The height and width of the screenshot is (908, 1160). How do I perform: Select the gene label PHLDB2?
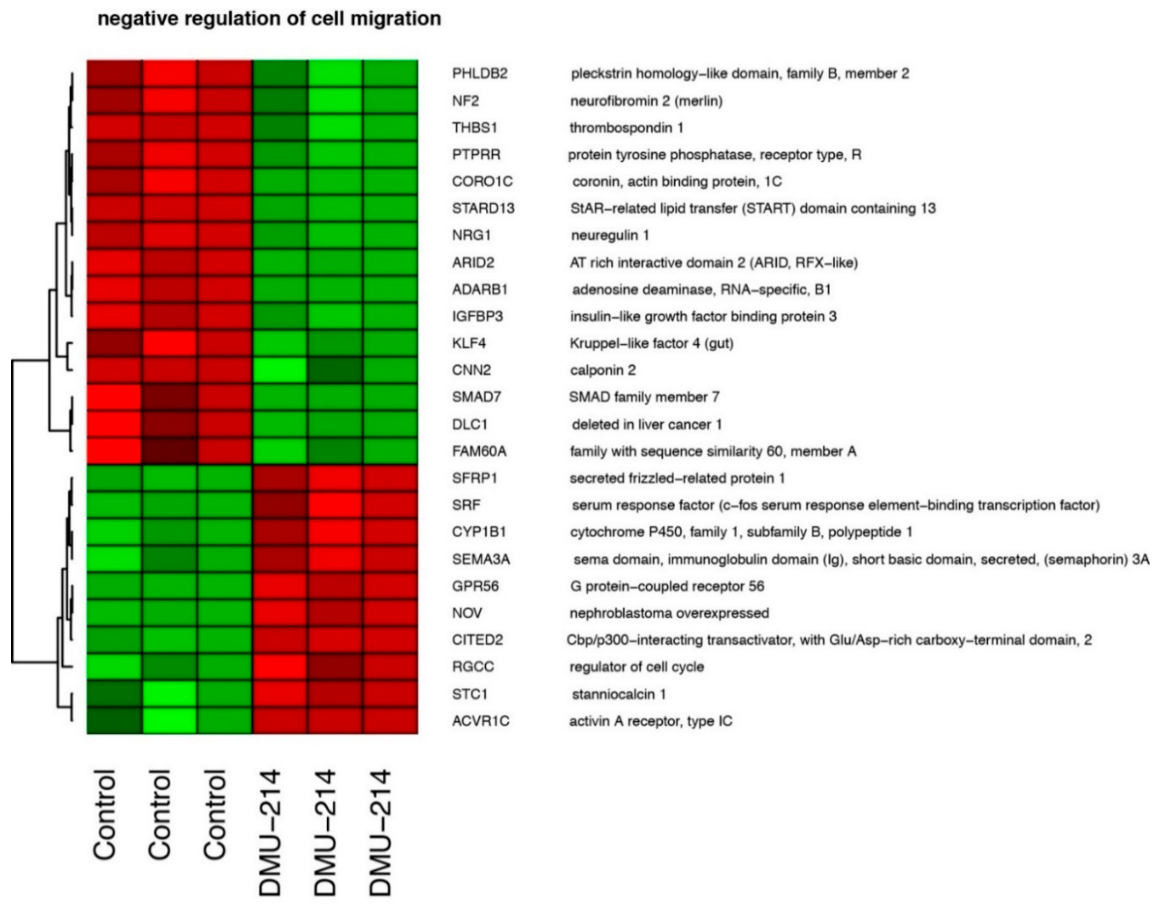480,73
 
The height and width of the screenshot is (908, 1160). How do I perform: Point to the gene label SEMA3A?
481,559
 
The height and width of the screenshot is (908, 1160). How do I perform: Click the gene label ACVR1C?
480,721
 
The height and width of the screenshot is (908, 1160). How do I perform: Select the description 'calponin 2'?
602,370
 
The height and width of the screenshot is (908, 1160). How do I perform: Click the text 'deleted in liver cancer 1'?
646,424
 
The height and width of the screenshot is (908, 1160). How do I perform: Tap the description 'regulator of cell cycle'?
636,667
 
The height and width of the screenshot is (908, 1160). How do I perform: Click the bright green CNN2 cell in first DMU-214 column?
280,370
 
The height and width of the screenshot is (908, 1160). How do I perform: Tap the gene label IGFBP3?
477,316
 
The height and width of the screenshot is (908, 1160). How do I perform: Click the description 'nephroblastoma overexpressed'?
669,613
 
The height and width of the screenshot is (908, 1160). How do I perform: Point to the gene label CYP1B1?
478,532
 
